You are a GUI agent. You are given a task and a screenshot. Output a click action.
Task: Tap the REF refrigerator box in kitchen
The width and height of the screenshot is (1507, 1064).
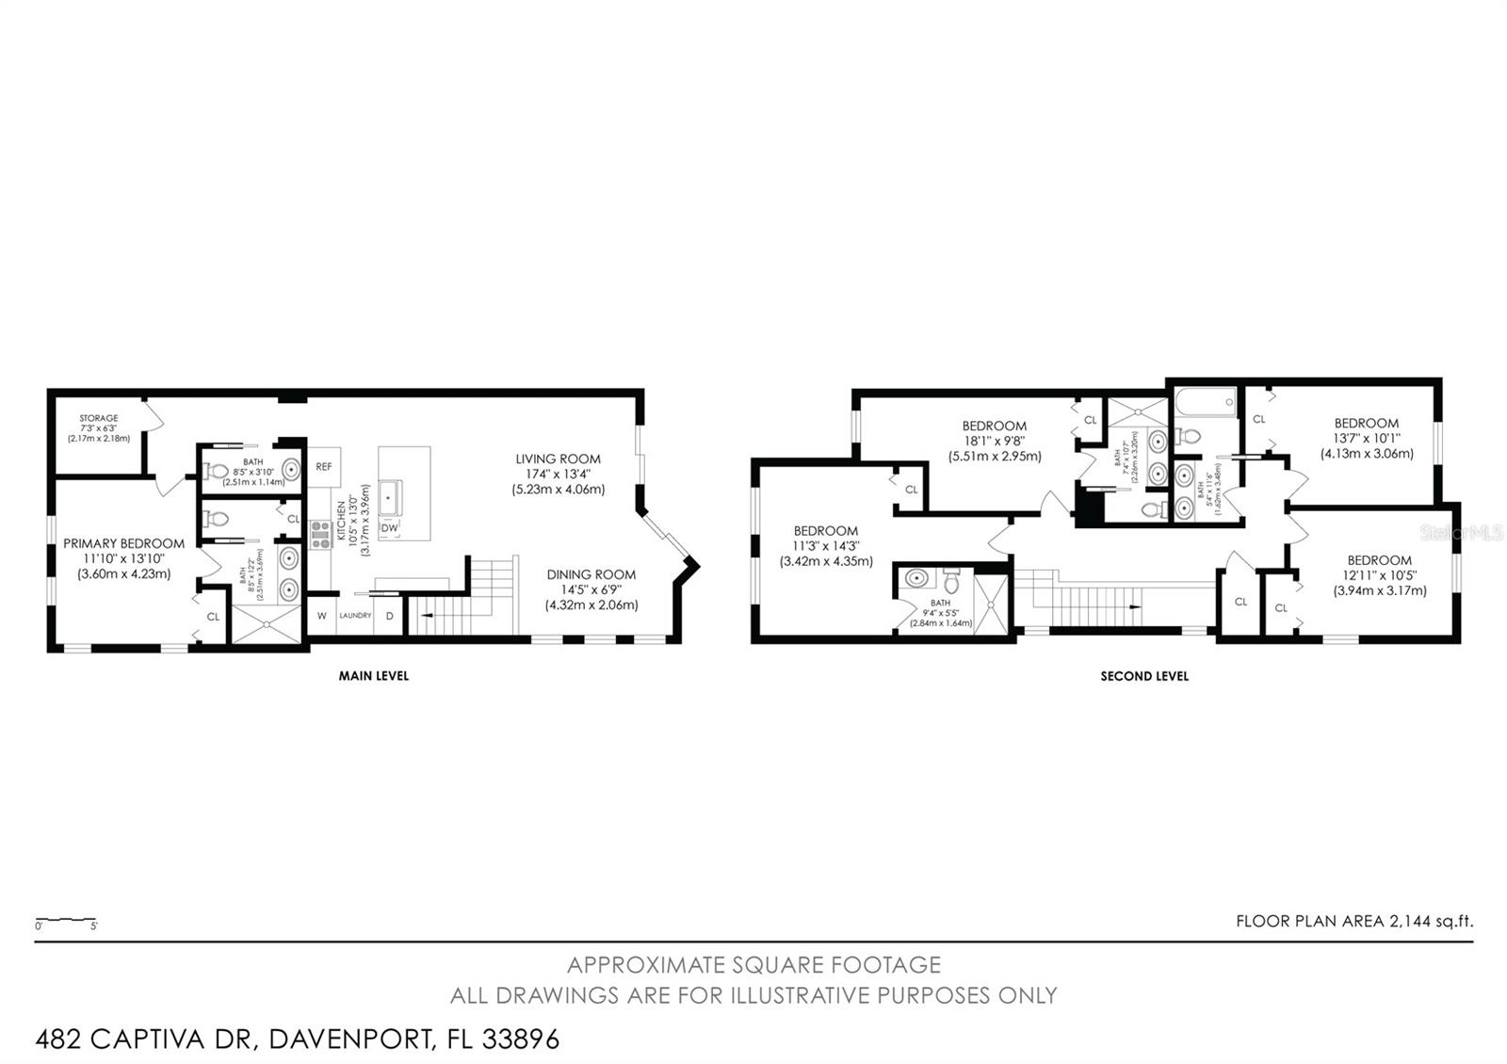[x=324, y=466]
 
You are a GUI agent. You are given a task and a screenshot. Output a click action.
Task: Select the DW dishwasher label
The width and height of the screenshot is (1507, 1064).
[x=389, y=528]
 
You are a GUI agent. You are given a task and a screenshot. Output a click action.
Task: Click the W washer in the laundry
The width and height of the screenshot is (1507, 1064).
[x=321, y=616]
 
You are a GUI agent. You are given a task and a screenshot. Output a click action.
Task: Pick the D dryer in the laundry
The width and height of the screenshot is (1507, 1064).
[x=389, y=616]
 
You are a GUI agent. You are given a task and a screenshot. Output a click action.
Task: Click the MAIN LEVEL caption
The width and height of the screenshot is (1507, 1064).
[x=373, y=675]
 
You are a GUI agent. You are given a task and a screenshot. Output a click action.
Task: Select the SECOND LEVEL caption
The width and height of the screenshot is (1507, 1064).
[x=1143, y=676]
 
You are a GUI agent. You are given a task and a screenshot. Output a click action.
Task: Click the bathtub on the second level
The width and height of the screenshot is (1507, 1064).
[x=1205, y=404]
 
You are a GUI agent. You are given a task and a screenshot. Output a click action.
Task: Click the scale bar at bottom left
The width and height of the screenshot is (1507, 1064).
[x=66, y=920]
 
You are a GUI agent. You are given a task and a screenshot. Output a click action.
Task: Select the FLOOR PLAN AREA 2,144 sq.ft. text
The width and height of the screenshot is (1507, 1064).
[x=1353, y=921]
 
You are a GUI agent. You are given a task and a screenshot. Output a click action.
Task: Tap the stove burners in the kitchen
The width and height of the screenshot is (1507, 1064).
[x=320, y=534]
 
